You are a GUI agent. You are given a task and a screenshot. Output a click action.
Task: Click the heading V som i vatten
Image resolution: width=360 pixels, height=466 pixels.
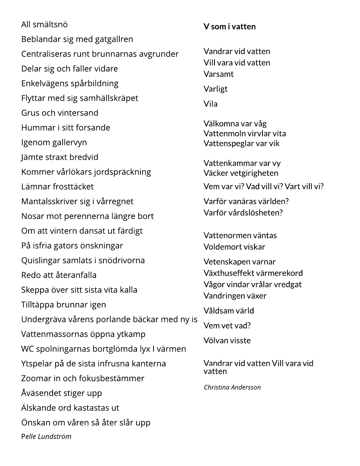pyautogui.click(x=230, y=27)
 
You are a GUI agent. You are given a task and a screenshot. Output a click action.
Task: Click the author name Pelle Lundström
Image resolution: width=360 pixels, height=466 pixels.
pyautogui.click(x=46, y=436)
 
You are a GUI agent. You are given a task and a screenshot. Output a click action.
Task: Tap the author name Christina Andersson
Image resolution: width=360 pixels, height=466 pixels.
pyautogui.click(x=232, y=387)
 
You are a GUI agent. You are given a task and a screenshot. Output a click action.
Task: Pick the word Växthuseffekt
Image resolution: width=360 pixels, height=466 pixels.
pyautogui.click(x=229, y=273)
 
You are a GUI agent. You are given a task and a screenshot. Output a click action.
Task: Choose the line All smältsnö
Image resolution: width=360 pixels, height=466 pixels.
pyautogui.click(x=44, y=25)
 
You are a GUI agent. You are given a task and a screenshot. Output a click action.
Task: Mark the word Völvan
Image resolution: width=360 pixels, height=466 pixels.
pyautogui.click(x=215, y=341)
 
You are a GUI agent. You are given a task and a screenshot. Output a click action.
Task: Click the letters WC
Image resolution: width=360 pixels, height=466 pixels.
pyautogui.click(x=27, y=349)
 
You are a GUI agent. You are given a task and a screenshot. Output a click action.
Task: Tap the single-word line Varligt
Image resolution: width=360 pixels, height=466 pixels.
pyautogui.click(x=215, y=89)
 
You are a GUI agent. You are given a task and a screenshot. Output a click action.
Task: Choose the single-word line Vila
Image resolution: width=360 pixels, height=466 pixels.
pyautogui.click(x=211, y=104)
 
